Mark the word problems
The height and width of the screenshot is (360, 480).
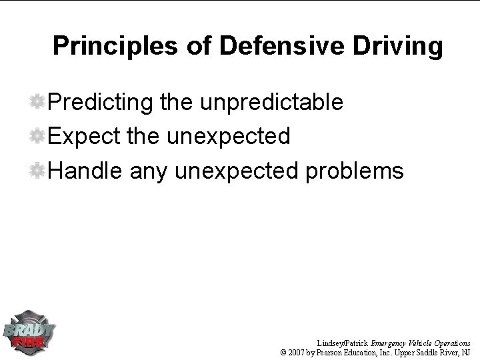[x=354, y=171]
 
